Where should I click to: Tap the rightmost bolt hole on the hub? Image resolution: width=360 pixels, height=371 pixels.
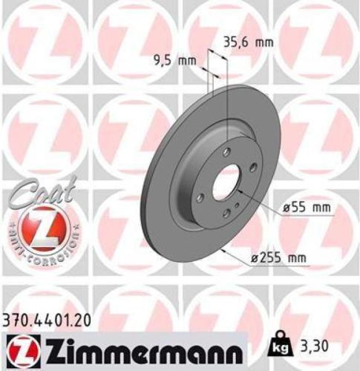(x=253, y=168)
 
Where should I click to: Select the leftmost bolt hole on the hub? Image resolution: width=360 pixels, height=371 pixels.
(x=200, y=198)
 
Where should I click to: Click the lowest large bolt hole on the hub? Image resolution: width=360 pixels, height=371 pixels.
(x=226, y=214)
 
